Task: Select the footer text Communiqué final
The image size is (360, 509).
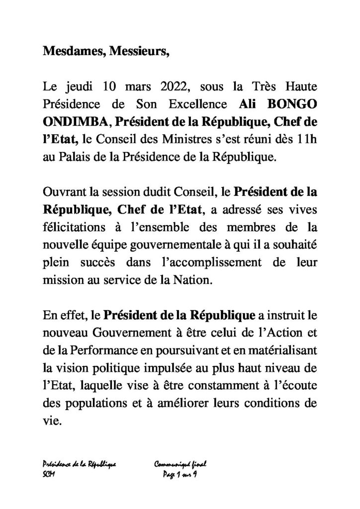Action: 180,464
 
